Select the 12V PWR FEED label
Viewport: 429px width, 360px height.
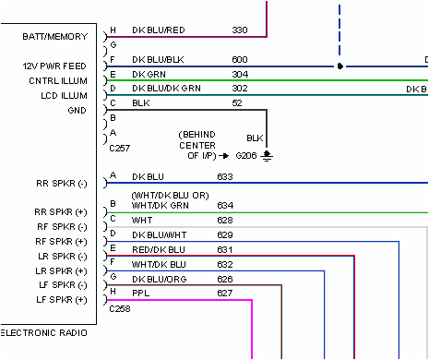click(x=54, y=66)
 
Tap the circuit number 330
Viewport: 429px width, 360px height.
click(x=239, y=30)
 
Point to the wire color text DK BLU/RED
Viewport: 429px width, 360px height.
click(x=159, y=30)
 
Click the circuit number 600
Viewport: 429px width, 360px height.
click(x=239, y=60)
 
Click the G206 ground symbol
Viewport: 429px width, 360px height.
click(x=267, y=155)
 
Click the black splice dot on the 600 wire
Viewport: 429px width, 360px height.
click(x=340, y=67)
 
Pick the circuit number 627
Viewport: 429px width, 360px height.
click(x=224, y=293)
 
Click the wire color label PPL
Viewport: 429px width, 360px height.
click(x=140, y=293)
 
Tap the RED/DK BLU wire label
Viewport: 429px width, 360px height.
click(x=159, y=248)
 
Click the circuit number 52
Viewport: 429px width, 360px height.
click(x=237, y=103)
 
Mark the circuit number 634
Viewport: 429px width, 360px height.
click(x=224, y=205)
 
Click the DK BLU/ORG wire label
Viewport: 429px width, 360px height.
click(x=159, y=278)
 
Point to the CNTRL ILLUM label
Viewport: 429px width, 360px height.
click(x=59, y=80)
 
